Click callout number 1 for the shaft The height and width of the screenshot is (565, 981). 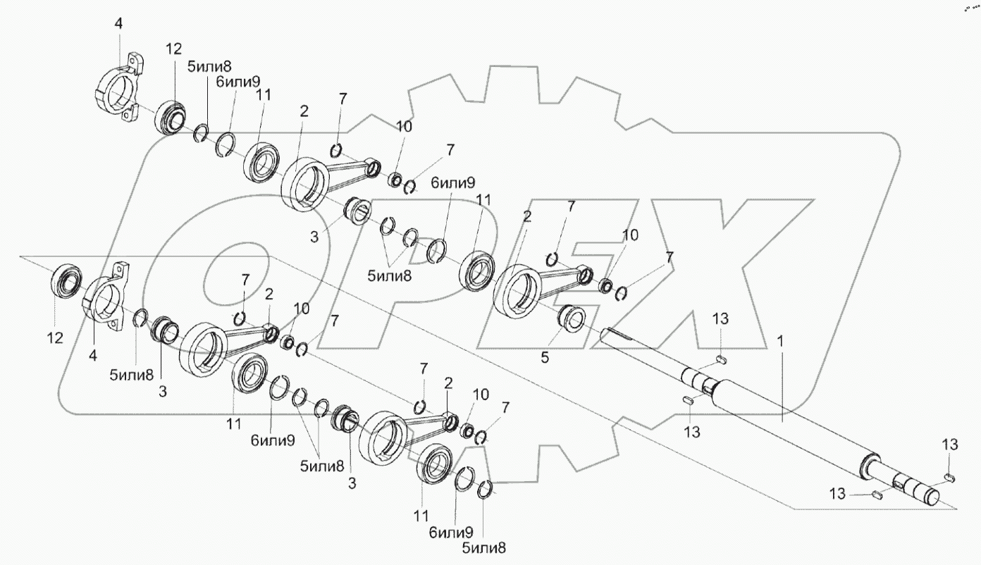tap(780, 340)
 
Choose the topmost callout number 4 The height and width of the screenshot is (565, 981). tap(118, 23)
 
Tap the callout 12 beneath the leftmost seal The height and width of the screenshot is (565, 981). tap(55, 338)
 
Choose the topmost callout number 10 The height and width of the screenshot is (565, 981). tap(404, 127)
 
